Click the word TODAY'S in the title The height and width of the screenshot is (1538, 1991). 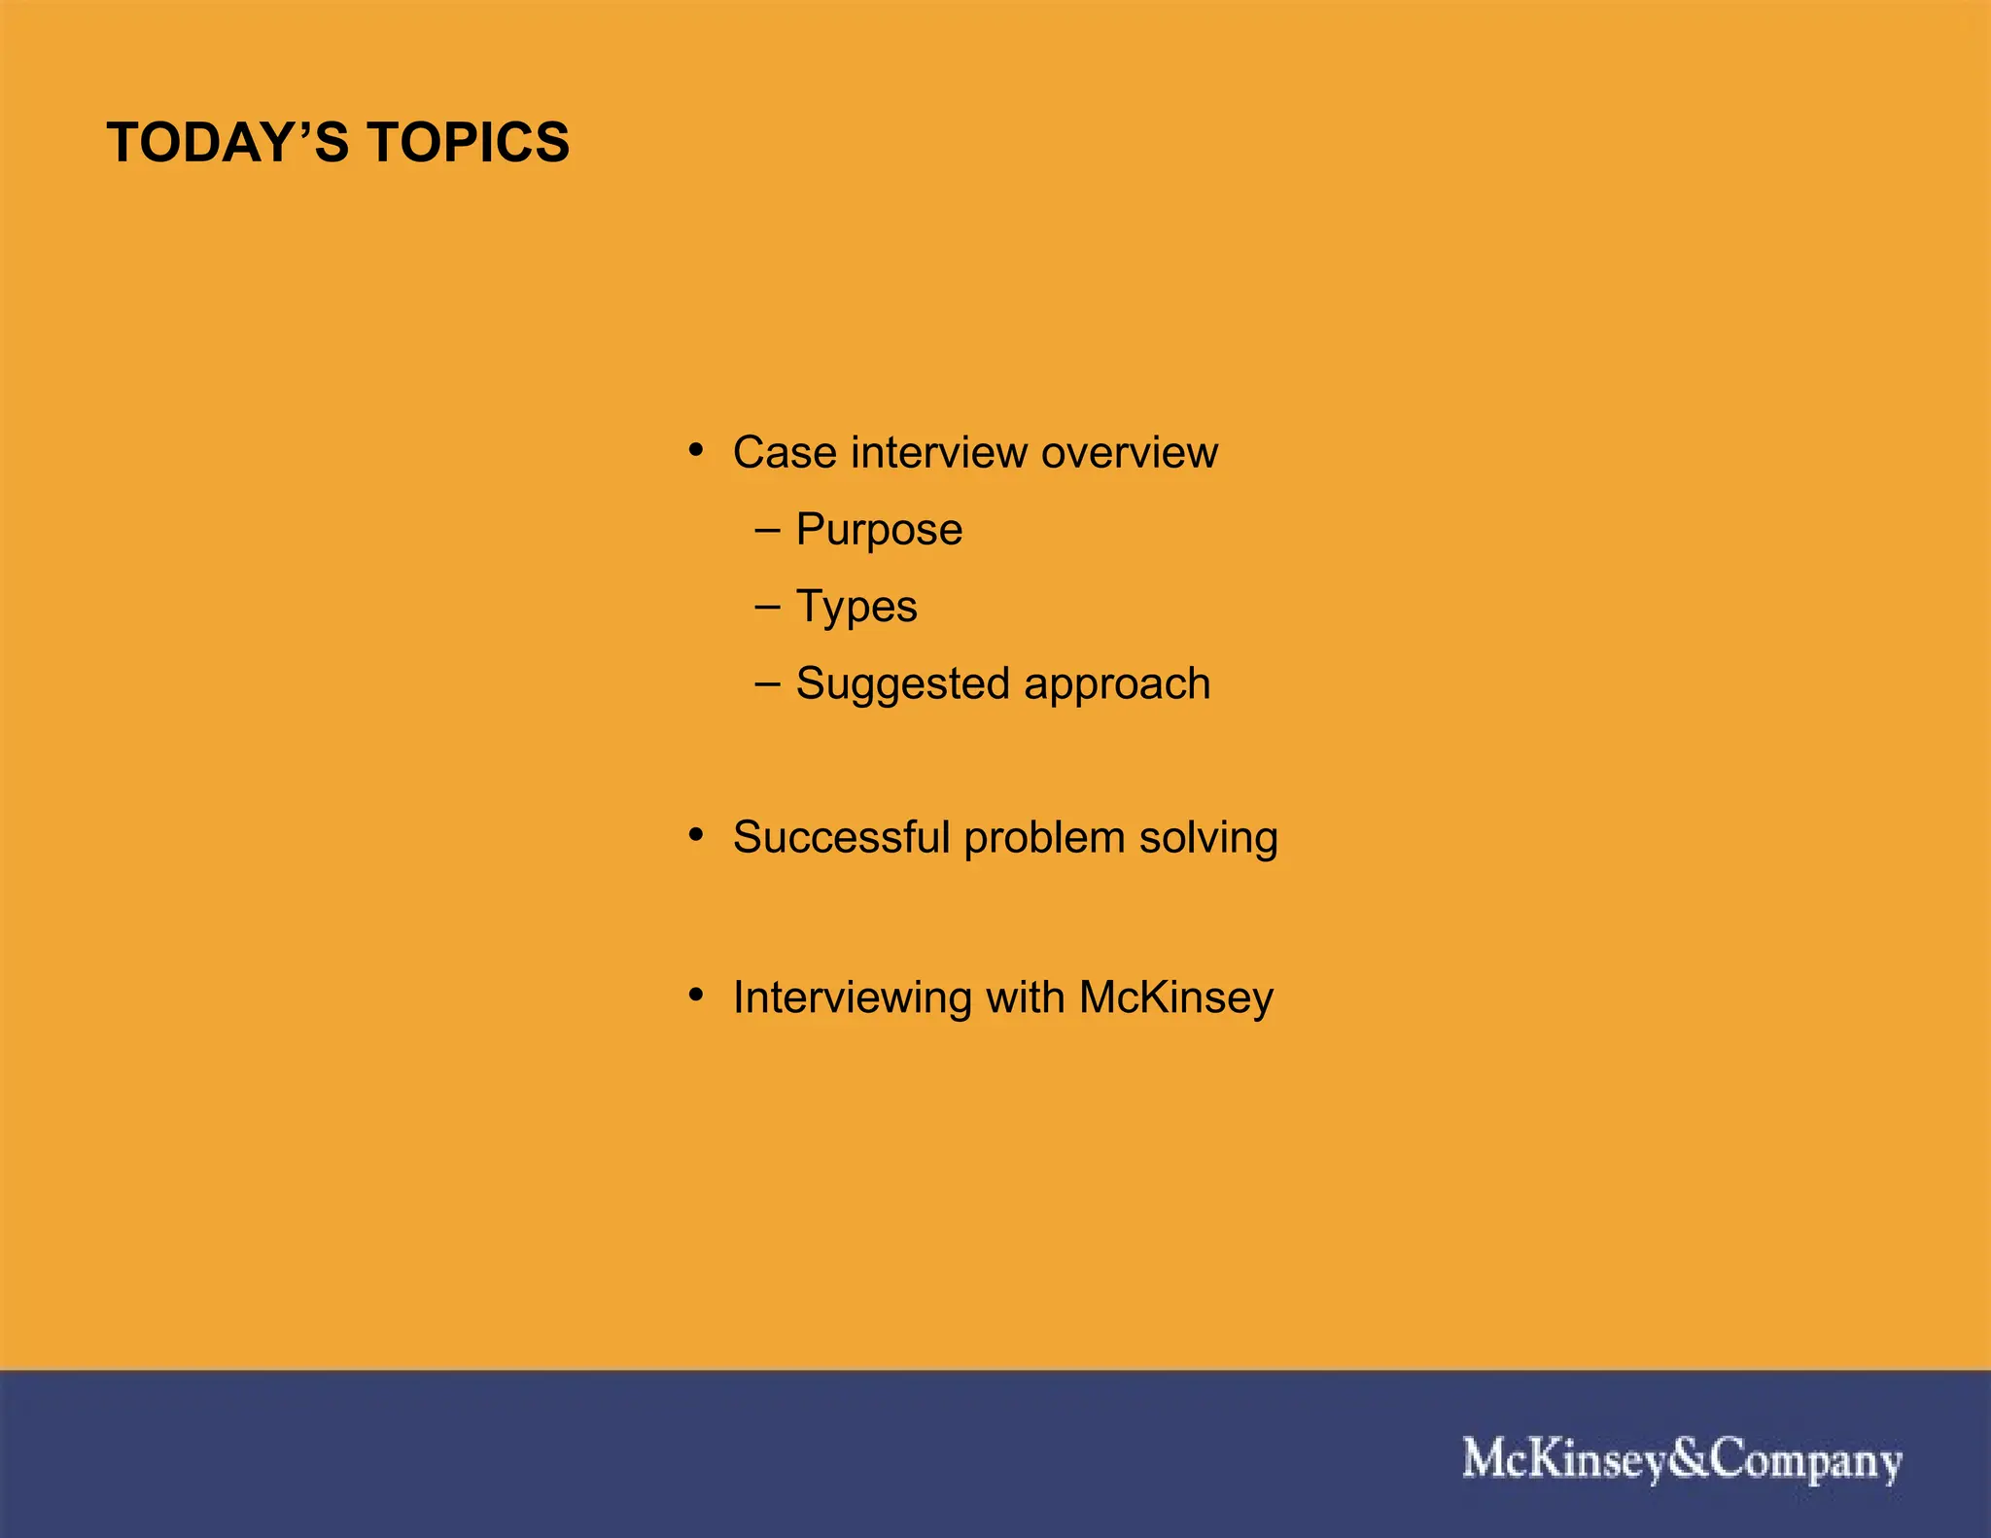click(x=227, y=143)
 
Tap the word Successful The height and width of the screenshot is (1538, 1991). click(x=841, y=838)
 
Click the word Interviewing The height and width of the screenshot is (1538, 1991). click(x=852, y=998)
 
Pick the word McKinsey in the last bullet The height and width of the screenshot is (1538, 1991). click(x=1175, y=998)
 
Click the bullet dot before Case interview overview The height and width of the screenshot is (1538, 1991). click(x=695, y=451)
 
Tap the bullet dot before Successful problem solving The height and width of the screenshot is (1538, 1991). click(x=695, y=836)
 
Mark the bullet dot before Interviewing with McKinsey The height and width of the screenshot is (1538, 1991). click(x=695, y=996)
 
